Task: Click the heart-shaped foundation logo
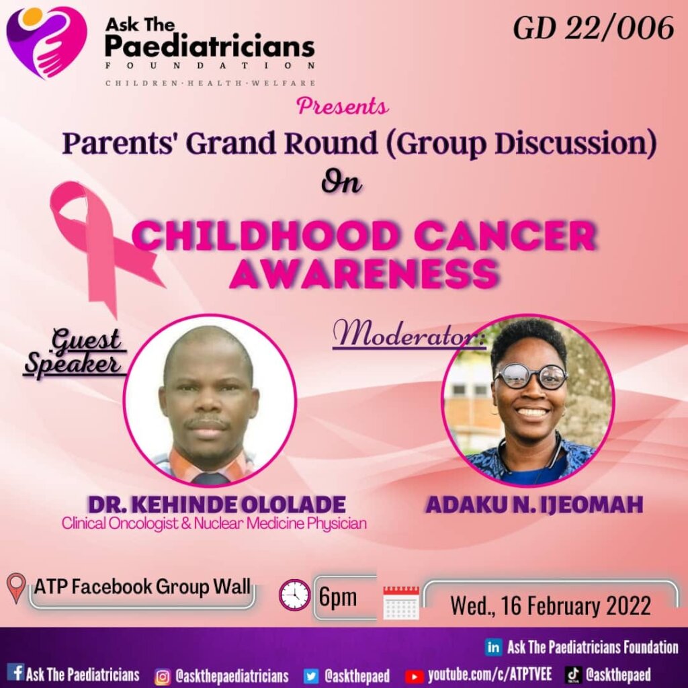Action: [46, 42]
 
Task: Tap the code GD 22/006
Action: [593, 29]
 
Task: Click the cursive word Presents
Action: [343, 107]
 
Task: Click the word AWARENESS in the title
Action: [365, 273]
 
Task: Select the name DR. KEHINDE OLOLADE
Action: [217, 505]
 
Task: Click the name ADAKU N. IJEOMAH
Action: [534, 505]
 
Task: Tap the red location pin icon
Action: [16, 589]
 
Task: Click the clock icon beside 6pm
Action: [294, 595]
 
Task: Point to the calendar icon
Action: [401, 603]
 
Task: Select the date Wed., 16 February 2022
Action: [550, 606]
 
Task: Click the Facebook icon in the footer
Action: [17, 672]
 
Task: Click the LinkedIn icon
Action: [494, 648]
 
